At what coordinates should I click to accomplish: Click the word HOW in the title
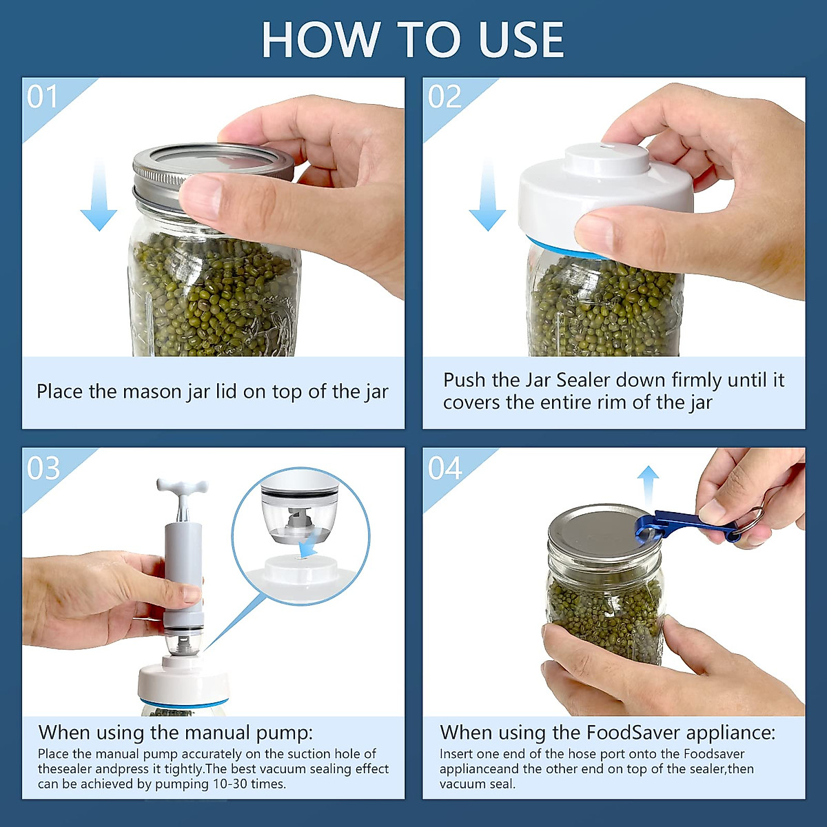321,39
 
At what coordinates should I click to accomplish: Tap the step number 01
42,96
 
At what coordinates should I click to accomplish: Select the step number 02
445,96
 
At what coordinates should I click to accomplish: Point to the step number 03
43,468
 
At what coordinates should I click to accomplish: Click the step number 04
445,468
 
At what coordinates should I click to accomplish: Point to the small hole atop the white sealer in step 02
606,147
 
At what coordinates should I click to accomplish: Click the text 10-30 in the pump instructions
228,784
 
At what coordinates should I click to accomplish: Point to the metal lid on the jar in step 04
604,531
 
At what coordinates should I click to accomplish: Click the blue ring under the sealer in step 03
184,702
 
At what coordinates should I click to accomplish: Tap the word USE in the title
521,39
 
